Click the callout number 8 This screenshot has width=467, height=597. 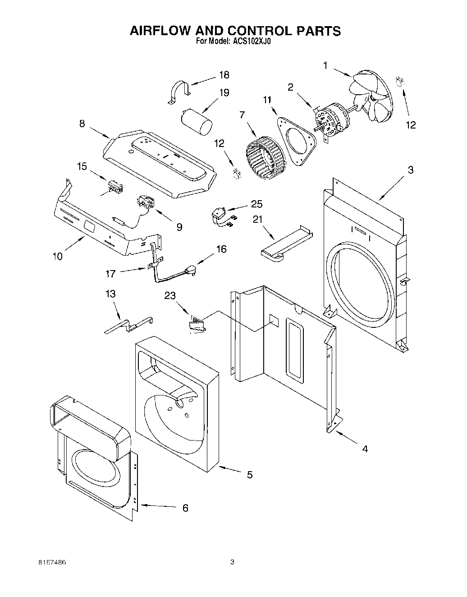pos(82,123)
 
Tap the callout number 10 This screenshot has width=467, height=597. pos(57,257)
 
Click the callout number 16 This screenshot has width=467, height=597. pos(221,249)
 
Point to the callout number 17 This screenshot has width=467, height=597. pos(110,273)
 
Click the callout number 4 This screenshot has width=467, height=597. pos(365,449)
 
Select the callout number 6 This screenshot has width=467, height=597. pos(185,508)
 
